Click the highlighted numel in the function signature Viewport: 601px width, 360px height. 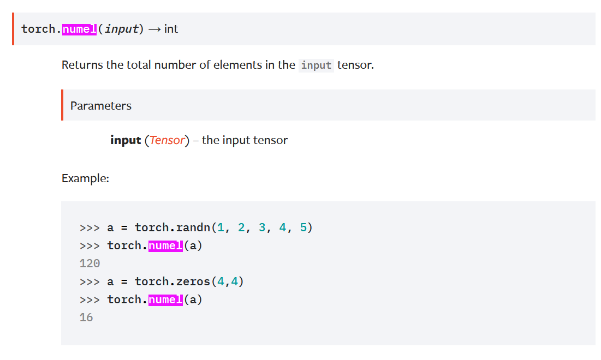(x=79, y=29)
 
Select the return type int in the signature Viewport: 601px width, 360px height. (x=171, y=29)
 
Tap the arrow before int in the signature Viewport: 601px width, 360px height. (x=154, y=29)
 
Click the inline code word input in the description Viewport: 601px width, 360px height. (x=316, y=65)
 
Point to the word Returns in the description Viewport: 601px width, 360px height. (x=82, y=65)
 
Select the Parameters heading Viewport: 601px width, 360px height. (x=101, y=106)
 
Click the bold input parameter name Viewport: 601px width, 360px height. (x=126, y=140)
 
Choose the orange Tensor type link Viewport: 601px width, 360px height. (x=167, y=140)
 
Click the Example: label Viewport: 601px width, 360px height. (x=85, y=178)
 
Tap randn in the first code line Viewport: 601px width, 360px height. (x=197, y=227)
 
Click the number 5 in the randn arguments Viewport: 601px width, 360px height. (x=304, y=227)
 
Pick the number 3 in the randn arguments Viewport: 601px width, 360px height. (x=262, y=227)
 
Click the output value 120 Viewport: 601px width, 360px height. (x=90, y=263)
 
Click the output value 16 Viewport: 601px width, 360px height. (x=86, y=317)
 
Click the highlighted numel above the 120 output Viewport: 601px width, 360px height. (x=165, y=245)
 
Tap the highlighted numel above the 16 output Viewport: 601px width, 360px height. (x=165, y=299)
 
